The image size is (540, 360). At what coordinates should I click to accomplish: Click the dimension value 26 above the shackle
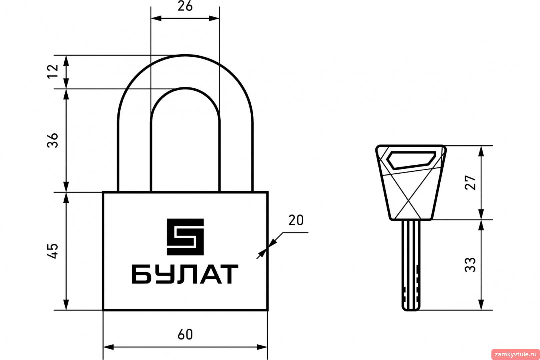pos(185,6)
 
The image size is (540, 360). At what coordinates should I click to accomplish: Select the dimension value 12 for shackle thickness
pos(53,71)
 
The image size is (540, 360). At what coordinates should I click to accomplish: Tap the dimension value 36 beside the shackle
pos(53,140)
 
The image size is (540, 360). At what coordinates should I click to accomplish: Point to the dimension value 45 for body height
pos(53,251)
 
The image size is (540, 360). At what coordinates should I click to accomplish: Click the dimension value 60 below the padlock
pos(185,334)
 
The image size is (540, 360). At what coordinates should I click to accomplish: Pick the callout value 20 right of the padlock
pos(296,220)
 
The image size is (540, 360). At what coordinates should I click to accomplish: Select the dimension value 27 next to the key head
pos(470,183)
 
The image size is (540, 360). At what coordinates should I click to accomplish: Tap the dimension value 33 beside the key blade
pos(470,265)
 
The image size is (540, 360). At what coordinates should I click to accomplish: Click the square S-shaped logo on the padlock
pos(185,237)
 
